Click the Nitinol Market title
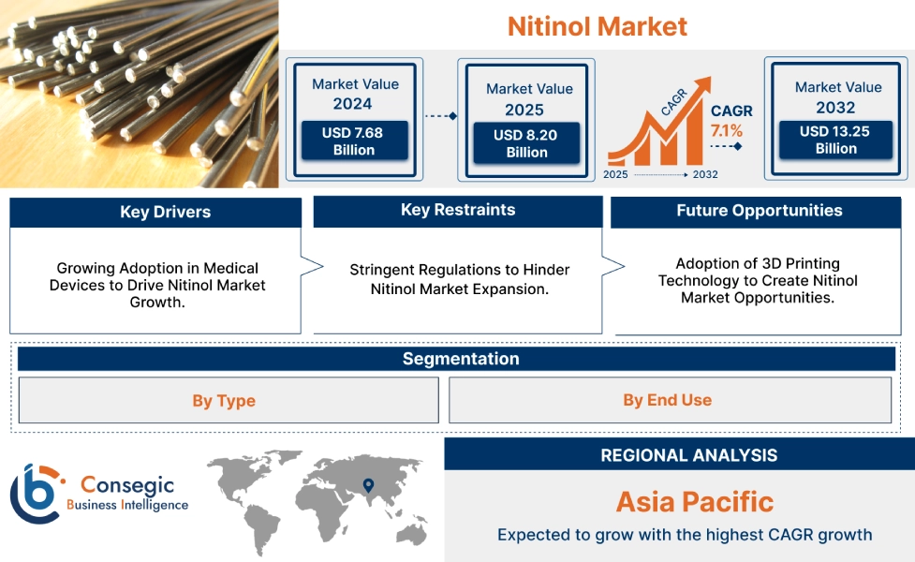pyautogui.click(x=597, y=26)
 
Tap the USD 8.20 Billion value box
pyautogui.click(x=525, y=143)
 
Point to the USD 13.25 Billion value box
pyautogui.click(x=835, y=140)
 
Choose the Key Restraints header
pyautogui.click(x=457, y=211)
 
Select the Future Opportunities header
pyautogui.click(x=759, y=211)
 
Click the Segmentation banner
pyautogui.click(x=460, y=359)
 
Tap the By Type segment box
pyautogui.click(x=224, y=401)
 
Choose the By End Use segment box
pyautogui.click(x=667, y=401)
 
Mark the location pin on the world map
pyautogui.click(x=368, y=485)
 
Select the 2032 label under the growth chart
pyautogui.click(x=705, y=174)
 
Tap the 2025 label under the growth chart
pyautogui.click(x=615, y=174)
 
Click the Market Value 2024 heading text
pyautogui.click(x=354, y=94)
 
